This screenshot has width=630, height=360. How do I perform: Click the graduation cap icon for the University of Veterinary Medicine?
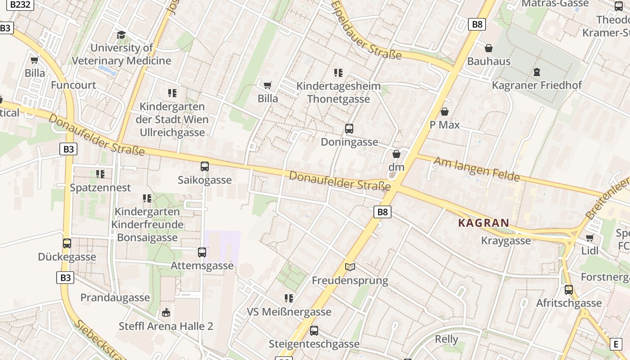121,35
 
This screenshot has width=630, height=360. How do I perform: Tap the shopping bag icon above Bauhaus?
489,48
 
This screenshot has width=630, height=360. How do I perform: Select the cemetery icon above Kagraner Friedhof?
536,72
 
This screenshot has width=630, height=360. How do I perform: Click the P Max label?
445,125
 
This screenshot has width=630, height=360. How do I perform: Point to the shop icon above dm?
396,154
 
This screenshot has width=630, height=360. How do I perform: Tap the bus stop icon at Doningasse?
349,129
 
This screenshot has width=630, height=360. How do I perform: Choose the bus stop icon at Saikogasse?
205,166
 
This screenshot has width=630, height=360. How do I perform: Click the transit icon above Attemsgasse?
202,252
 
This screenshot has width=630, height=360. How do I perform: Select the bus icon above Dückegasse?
67,243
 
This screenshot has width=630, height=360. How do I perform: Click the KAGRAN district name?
484,223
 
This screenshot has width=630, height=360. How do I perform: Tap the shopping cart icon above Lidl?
589,238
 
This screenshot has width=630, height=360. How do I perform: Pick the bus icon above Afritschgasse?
569,290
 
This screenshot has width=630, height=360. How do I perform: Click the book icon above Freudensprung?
350,267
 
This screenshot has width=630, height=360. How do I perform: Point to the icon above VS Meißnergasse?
289,298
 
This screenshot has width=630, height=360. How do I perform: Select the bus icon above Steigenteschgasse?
314,331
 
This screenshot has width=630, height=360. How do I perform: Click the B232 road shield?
22,4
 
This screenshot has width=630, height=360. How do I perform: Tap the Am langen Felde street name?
477,169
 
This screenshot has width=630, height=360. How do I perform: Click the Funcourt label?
73,85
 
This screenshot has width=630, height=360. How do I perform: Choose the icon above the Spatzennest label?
100,174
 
